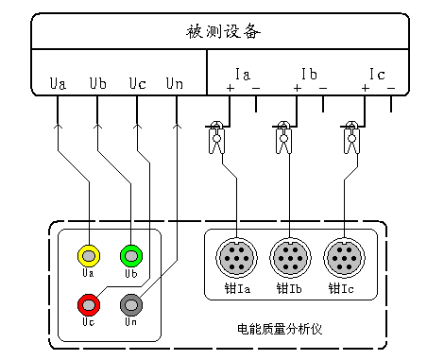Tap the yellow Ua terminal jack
click(x=88, y=255)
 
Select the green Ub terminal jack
click(x=130, y=255)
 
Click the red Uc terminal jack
click(x=88, y=304)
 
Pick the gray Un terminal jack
click(x=130, y=304)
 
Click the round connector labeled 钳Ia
click(x=236, y=257)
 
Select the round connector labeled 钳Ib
click(x=289, y=257)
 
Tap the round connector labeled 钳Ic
click(x=342, y=257)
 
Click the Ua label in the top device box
click(x=58, y=84)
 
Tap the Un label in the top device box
click(x=175, y=84)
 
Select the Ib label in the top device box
click(x=309, y=74)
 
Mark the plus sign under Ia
click(x=230, y=89)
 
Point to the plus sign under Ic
click(x=365, y=89)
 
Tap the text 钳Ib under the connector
click(x=289, y=287)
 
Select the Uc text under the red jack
click(x=88, y=322)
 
